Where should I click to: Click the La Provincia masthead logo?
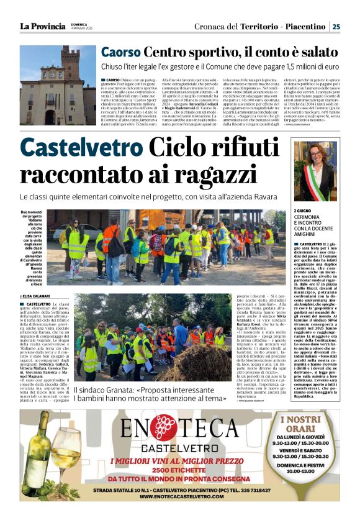point(42,26)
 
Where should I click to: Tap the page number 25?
point(336,26)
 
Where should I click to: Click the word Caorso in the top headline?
point(121,53)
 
